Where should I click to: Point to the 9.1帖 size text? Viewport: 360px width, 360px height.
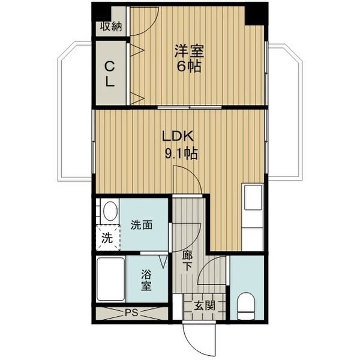click(x=181, y=154)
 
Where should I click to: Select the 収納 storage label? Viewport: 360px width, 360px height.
click(x=110, y=26)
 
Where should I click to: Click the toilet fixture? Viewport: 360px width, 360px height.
click(x=246, y=305)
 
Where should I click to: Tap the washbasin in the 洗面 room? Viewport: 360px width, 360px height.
click(x=109, y=212)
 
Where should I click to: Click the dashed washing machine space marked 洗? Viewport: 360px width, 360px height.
click(x=107, y=237)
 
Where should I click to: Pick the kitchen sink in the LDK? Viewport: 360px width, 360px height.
click(x=251, y=197)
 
